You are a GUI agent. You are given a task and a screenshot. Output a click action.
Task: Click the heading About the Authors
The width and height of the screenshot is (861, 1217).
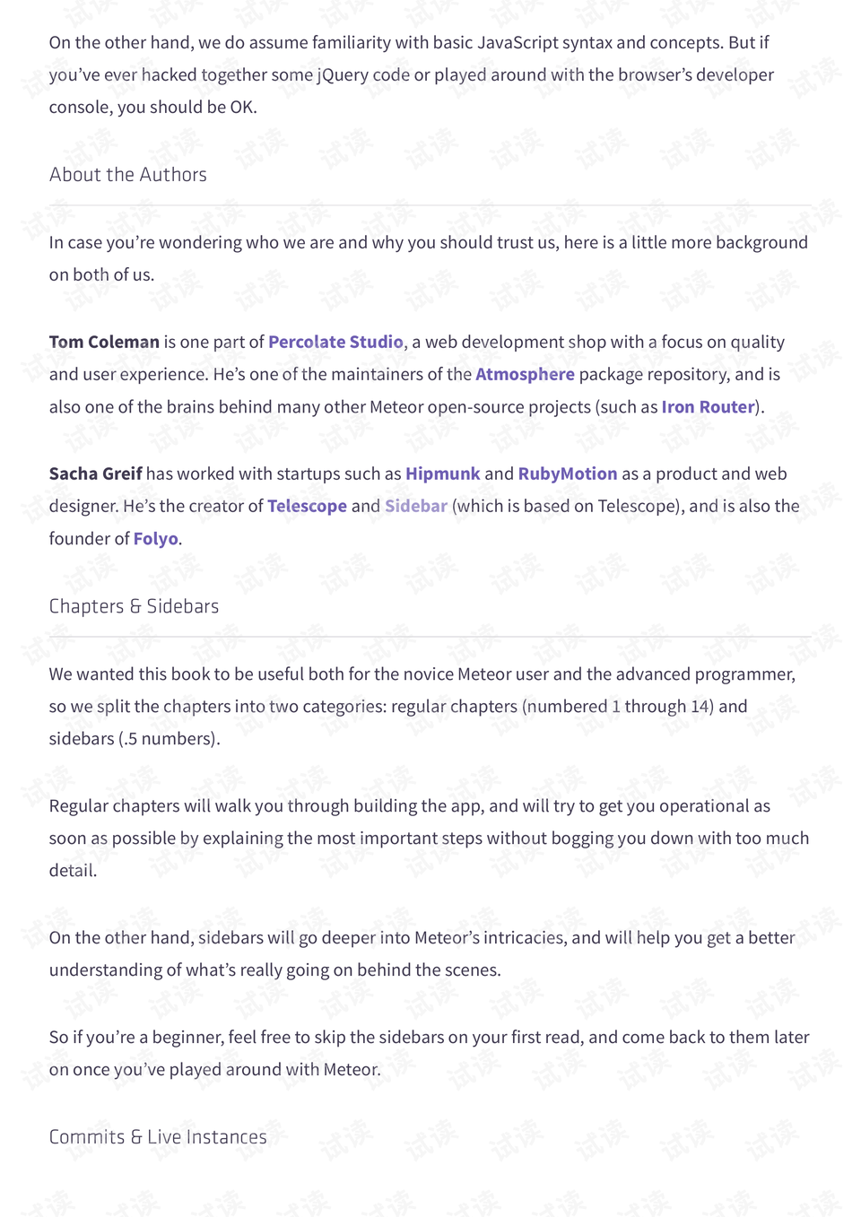(127, 175)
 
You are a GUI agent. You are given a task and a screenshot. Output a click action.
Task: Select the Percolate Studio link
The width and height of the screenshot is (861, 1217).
(335, 342)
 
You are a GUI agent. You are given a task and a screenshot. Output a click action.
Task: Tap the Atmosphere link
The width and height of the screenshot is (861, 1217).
(525, 374)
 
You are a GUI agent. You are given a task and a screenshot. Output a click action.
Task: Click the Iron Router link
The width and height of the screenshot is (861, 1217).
(708, 406)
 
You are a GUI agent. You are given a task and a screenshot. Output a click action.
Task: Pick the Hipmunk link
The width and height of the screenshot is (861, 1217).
(442, 474)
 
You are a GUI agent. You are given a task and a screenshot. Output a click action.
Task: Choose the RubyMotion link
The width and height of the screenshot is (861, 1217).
(567, 474)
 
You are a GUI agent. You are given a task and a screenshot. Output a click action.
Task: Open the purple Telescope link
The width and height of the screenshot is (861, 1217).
(307, 506)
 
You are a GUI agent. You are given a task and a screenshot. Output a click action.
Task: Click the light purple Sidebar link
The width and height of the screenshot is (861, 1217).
(415, 506)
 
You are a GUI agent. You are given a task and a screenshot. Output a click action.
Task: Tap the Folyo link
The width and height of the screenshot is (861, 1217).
(155, 538)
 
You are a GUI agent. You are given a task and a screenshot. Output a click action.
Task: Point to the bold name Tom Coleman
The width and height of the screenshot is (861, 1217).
(104, 342)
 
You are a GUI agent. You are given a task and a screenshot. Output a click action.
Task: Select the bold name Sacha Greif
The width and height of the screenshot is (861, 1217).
(95, 474)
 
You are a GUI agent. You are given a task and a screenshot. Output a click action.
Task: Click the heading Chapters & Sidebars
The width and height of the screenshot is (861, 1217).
(134, 606)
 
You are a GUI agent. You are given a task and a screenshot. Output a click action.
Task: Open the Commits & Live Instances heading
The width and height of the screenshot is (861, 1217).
(158, 1137)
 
